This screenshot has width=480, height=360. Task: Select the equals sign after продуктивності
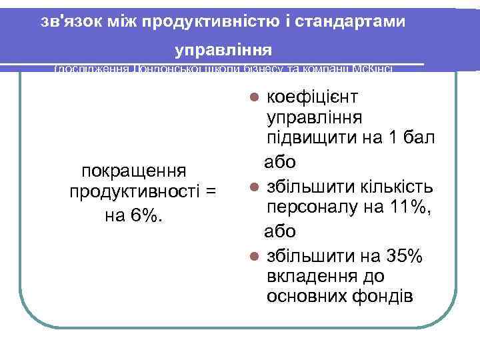pyautogui.click(x=211, y=193)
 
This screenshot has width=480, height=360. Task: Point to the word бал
pyautogui.click(x=420, y=139)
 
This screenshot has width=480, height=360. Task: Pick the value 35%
pyautogui.click(x=401, y=255)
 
